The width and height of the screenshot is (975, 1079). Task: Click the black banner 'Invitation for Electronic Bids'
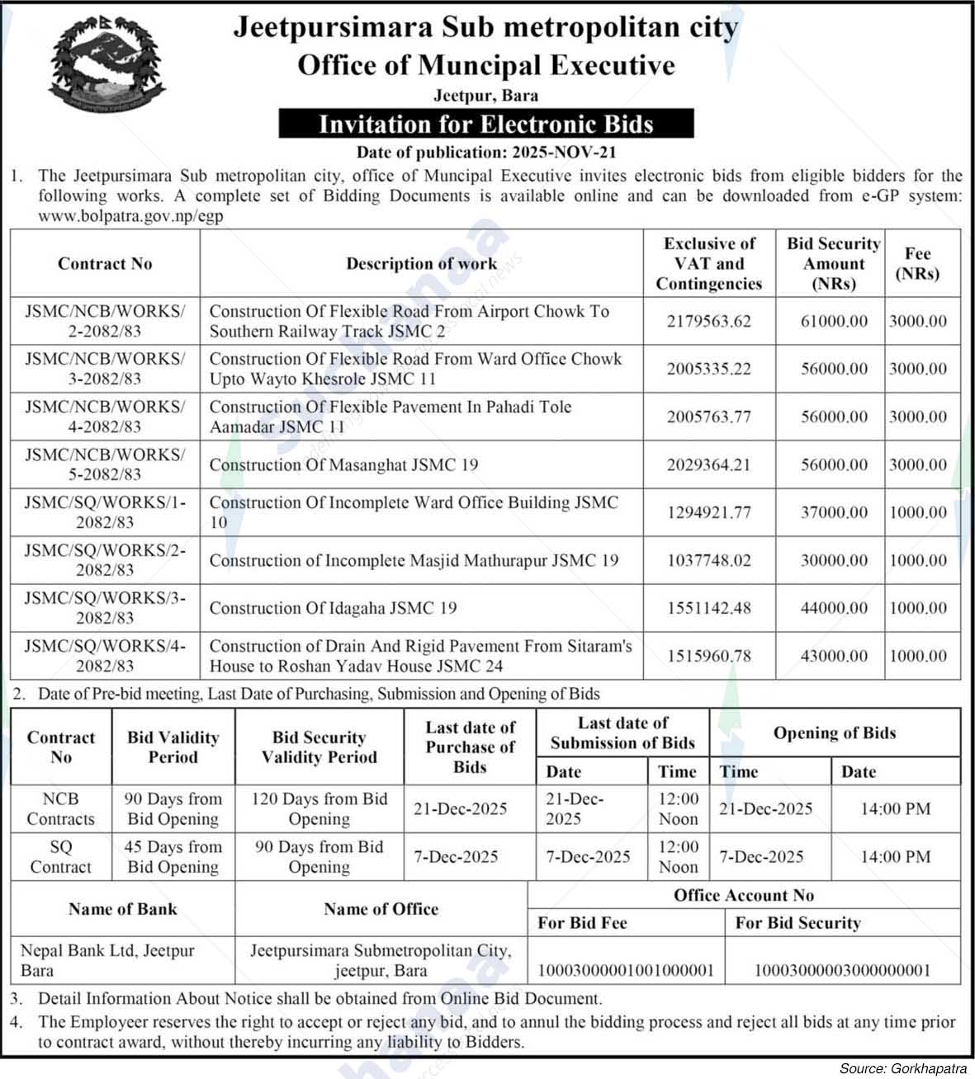pyautogui.click(x=485, y=125)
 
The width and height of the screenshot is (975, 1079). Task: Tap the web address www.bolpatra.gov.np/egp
pyautogui.click(x=130, y=216)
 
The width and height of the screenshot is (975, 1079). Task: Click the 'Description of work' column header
pyautogui.click(x=421, y=264)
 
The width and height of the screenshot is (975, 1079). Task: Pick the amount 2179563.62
pyautogui.click(x=709, y=321)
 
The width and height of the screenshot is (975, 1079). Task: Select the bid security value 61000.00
pyautogui.click(x=834, y=321)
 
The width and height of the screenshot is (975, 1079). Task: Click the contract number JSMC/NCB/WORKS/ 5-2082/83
pyautogui.click(x=105, y=464)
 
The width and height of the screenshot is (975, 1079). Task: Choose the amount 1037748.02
pyautogui.click(x=709, y=560)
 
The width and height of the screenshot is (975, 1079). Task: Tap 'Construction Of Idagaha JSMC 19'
pyautogui.click(x=333, y=608)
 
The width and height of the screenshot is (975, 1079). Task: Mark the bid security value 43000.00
pyautogui.click(x=834, y=656)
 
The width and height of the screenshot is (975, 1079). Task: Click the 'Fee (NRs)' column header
pyautogui.click(x=917, y=264)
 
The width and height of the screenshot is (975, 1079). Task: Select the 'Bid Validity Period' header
pyautogui.click(x=173, y=747)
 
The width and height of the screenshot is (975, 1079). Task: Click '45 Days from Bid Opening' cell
pyautogui.click(x=173, y=857)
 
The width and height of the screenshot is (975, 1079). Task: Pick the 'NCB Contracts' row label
pyautogui.click(x=61, y=809)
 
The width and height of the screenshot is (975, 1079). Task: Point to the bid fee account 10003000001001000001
pyautogui.click(x=626, y=970)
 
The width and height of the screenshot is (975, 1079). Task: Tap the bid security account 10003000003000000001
pyautogui.click(x=842, y=970)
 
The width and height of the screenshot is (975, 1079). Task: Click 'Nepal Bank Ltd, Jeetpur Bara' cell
pyautogui.click(x=107, y=960)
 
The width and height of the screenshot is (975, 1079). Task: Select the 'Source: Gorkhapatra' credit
pyautogui.click(x=902, y=1068)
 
